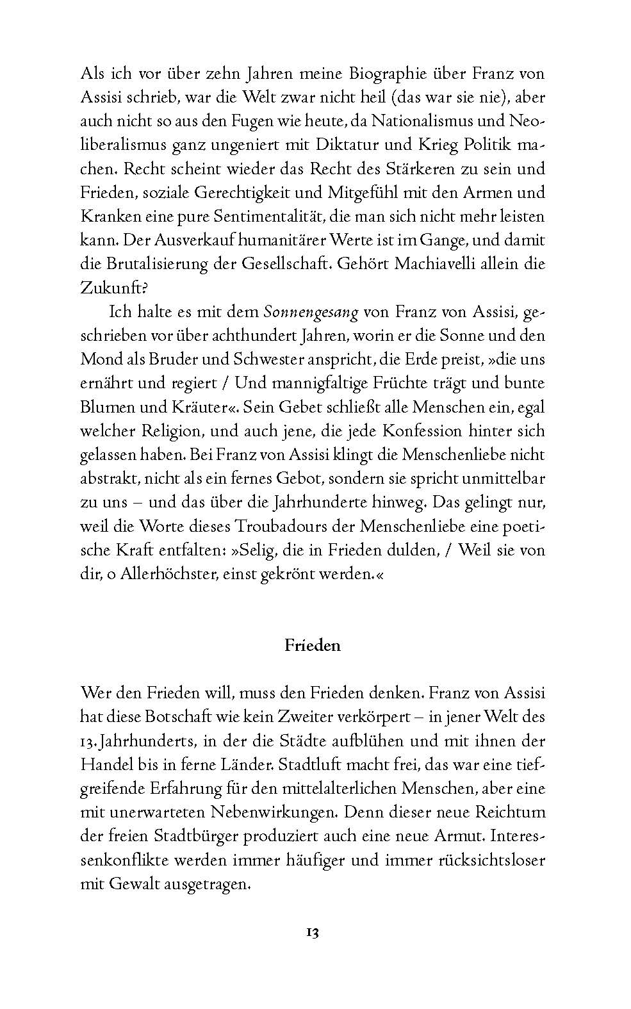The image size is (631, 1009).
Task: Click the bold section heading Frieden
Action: (313, 645)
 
